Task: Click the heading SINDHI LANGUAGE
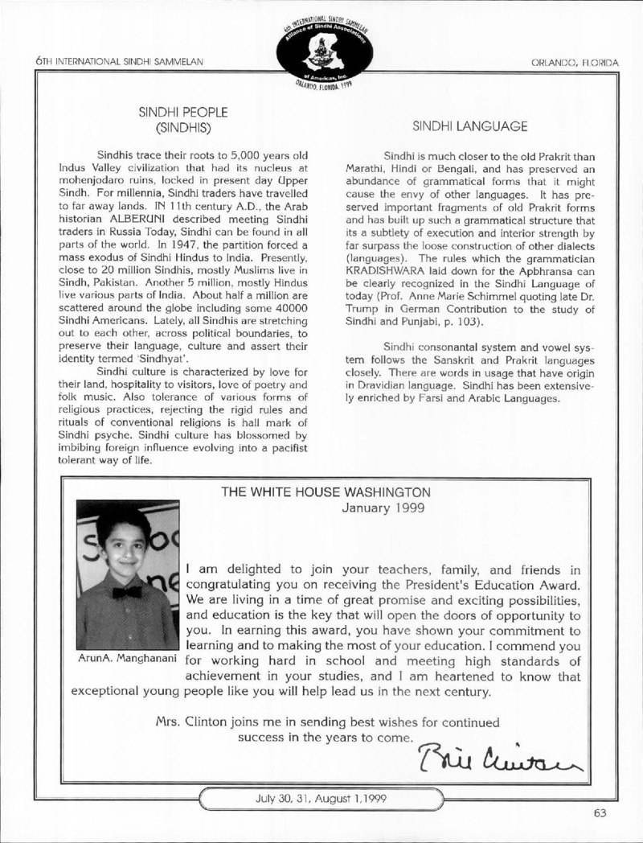click(x=469, y=126)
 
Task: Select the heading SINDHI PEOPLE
click(x=184, y=112)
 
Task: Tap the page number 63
click(x=600, y=812)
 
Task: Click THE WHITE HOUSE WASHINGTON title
click(x=332, y=491)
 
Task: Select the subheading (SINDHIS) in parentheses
click(x=184, y=127)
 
